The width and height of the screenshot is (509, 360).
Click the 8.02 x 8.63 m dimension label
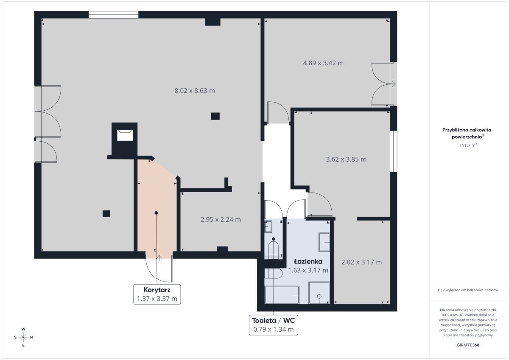[195, 91]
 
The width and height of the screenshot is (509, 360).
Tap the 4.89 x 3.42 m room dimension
[323, 63]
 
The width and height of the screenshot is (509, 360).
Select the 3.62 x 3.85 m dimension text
[346, 159]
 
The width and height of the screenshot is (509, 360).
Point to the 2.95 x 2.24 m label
[221, 219]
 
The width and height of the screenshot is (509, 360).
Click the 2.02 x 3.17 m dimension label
[361, 262]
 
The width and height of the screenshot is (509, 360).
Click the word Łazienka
[308, 262]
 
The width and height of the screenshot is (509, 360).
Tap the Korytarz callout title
[157, 290]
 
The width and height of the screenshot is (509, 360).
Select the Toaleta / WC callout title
[273, 321]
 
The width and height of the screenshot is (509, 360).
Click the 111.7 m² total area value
[468, 145]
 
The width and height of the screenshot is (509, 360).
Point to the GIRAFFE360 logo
[468, 345]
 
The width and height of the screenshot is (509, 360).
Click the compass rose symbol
[23, 337]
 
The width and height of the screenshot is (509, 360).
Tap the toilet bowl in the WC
[273, 249]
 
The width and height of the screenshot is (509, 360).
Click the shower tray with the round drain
[319, 293]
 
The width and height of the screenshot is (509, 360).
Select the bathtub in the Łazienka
[282, 295]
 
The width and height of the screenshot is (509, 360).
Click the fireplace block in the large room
[125, 139]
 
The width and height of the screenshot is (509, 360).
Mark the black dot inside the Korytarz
[156, 213]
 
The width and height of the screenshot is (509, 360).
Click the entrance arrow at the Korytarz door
[159, 258]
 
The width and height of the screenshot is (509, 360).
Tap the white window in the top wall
[113, 15]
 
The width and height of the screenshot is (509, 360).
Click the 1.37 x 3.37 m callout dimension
[157, 299]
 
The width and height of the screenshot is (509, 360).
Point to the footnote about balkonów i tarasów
[468, 290]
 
